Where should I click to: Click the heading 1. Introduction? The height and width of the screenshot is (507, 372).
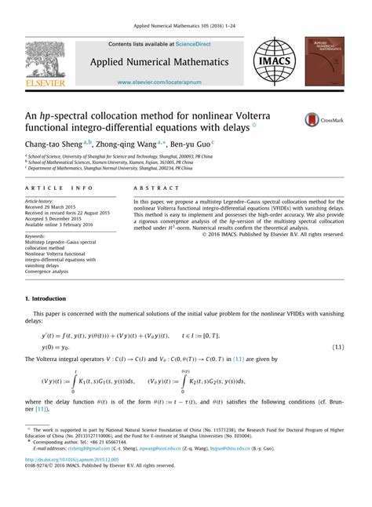49,300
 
